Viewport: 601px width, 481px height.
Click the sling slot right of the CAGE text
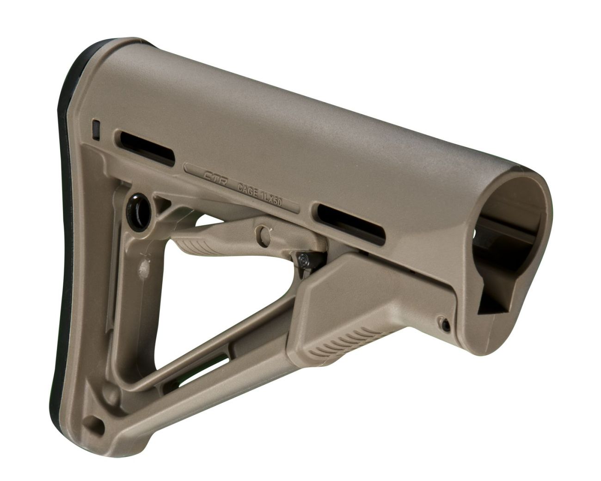point(351,223)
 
